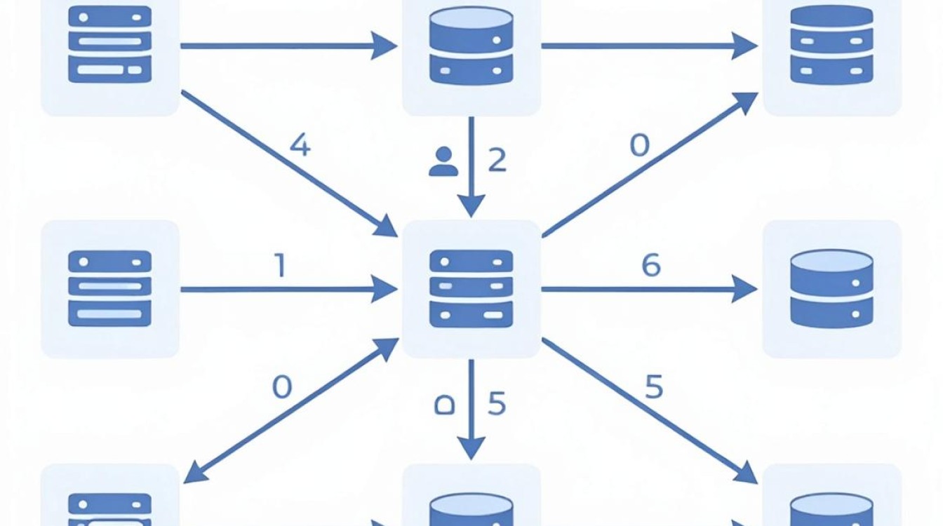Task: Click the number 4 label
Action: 300,146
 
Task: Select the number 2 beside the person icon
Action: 497,160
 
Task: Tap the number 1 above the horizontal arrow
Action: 281,265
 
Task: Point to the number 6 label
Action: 651,265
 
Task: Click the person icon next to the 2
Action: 443,161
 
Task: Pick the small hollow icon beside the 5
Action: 444,405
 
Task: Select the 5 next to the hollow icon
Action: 497,403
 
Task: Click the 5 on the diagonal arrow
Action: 654,386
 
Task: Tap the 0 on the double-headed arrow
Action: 282,386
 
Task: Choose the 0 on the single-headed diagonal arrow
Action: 639,146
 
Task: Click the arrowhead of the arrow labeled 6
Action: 744,289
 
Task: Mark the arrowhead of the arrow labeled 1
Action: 384,289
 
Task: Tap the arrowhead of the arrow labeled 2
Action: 471,206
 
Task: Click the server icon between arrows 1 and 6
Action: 471,289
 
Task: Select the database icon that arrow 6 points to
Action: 831,289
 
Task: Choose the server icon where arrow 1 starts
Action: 110,289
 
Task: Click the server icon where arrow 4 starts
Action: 110,44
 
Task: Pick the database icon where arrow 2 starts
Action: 471,46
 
